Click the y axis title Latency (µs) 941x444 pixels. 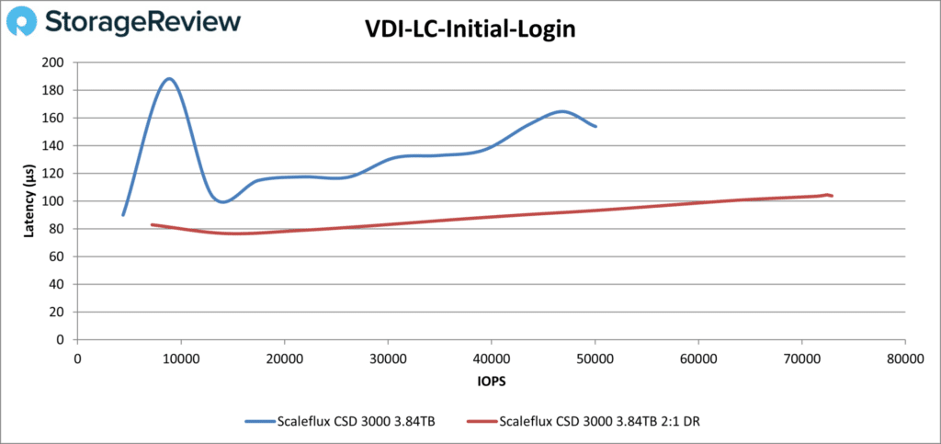(x=29, y=201)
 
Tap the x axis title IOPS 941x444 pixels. (x=490, y=379)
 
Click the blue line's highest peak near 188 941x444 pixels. (x=169, y=78)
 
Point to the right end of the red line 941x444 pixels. (x=832, y=196)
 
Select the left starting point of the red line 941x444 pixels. (x=152, y=224)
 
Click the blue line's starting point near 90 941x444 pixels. (x=123, y=215)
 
